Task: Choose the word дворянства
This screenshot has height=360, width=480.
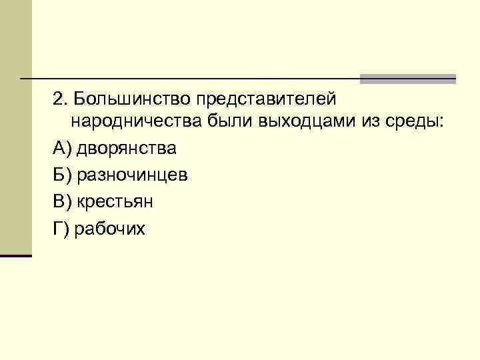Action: [127, 147]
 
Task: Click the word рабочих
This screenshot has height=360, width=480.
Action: [109, 228]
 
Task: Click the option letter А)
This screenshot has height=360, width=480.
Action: [62, 147]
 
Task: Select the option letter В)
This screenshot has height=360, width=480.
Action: [62, 201]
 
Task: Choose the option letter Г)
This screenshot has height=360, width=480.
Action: [61, 228]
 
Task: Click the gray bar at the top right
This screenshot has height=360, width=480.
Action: [407, 79]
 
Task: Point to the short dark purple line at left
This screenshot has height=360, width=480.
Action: [15, 255]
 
